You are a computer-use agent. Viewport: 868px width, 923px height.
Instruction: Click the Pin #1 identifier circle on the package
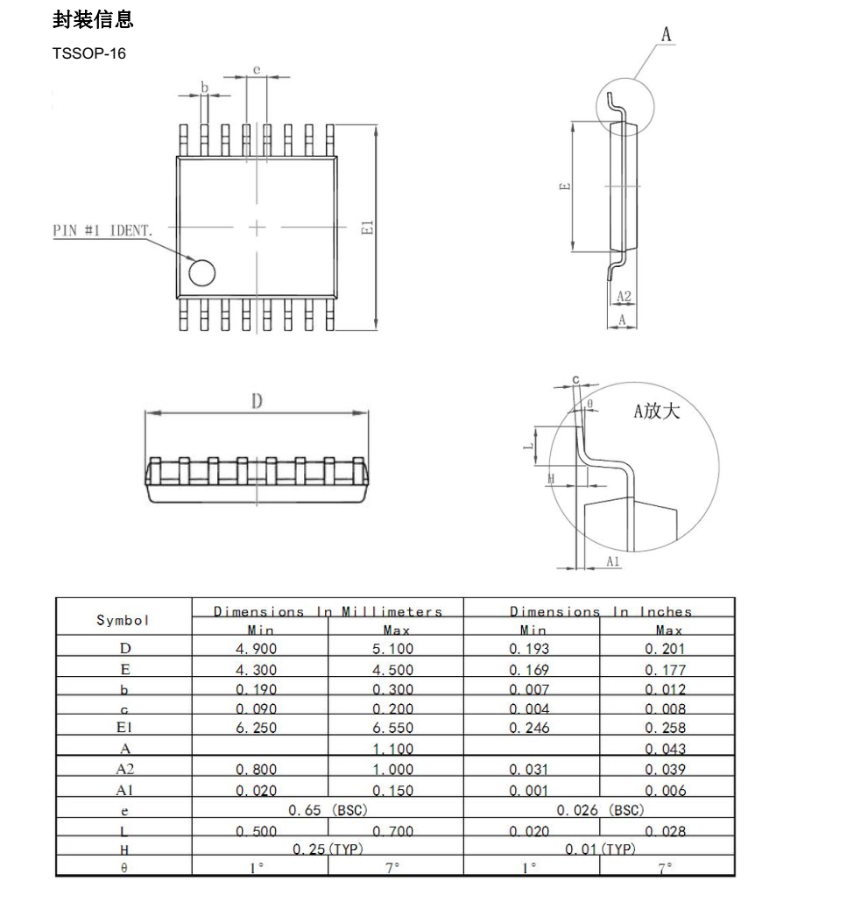[x=202, y=273]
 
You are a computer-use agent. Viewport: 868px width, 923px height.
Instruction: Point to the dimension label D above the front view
[x=257, y=402]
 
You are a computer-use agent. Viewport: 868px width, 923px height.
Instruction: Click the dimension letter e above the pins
[x=257, y=68]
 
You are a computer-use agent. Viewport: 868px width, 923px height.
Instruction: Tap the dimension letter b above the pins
[x=204, y=87]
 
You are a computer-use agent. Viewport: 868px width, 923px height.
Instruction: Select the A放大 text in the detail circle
[x=657, y=411]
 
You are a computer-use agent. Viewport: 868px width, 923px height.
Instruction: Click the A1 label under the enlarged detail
[x=614, y=561]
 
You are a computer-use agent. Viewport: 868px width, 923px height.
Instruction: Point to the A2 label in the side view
[x=624, y=298]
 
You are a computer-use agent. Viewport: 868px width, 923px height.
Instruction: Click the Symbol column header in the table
[x=123, y=620]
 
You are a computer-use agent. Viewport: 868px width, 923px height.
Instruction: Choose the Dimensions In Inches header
[x=600, y=611]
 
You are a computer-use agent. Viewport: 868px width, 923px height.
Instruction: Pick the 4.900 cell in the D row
[x=259, y=649]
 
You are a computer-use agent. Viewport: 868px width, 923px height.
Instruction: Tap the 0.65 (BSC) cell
[x=328, y=810]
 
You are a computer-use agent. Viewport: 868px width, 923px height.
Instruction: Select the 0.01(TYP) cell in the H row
[x=600, y=849]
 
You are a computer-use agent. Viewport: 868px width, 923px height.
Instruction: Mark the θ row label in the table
[x=123, y=868]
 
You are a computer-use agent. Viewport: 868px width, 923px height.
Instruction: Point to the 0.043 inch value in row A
[x=667, y=749]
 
